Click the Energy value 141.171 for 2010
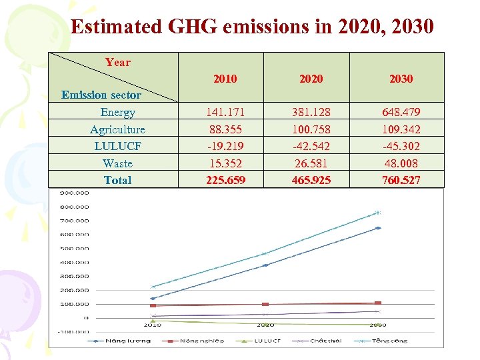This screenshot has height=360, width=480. pos(225,112)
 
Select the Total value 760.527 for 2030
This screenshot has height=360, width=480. pos(401,180)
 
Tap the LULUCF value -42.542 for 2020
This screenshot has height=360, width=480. pos(311,146)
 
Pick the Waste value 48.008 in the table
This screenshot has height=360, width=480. pos(401,163)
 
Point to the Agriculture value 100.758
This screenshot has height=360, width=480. pos(311,129)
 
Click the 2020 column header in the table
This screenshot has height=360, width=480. pos(311,79)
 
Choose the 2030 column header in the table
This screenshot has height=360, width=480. pos(401,79)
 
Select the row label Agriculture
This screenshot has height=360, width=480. pos(117,129)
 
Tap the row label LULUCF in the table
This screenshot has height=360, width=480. pos(117,146)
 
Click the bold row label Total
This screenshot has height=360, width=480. pos(117,180)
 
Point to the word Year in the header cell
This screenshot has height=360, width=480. pos(117,62)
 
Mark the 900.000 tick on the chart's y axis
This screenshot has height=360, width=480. pos(74,193)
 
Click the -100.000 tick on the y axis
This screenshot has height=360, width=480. pos(74,331)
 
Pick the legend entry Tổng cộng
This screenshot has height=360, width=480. pos(390,341)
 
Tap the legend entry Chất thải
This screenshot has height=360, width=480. pos(325,341)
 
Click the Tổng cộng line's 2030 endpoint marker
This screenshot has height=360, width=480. pos(378,213)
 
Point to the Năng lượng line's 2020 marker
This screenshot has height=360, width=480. pos(265,265)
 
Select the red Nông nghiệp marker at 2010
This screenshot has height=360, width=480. pos(153,305)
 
